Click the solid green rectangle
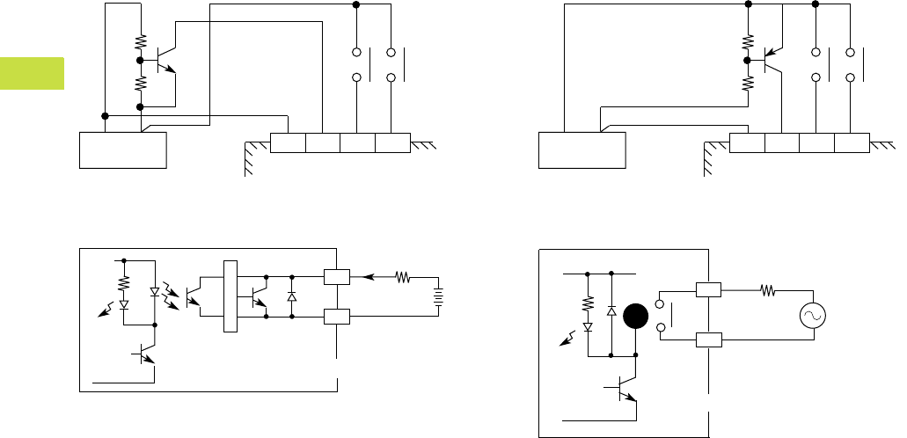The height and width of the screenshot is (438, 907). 32,73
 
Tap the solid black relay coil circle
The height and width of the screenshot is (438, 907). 635,318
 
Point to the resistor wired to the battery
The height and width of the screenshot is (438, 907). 403,278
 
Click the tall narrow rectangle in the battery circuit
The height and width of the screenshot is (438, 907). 230,296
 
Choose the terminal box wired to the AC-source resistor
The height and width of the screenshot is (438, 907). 709,288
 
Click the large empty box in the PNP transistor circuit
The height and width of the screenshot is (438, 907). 582,150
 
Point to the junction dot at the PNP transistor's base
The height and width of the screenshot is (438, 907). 748,60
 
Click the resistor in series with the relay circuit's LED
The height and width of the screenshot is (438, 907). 587,303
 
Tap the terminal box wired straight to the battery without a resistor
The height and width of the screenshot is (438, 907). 337,316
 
